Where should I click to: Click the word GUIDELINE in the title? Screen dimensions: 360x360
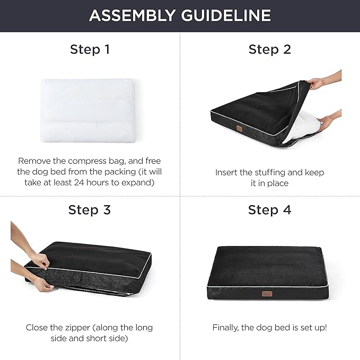229,15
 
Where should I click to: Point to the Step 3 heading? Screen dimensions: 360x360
90,209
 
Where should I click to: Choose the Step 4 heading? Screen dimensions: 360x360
270,209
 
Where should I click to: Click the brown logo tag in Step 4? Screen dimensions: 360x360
270,292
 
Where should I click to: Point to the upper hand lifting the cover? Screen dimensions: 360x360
318,83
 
